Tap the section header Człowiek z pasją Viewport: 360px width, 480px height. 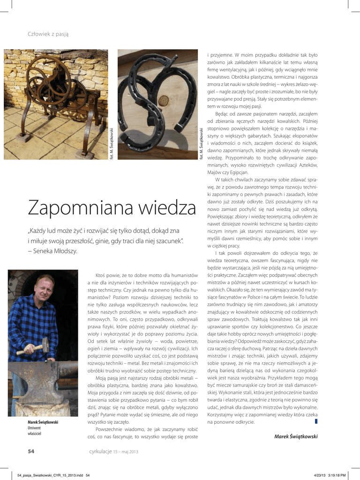coord(49,36)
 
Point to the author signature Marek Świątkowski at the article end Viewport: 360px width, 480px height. coord(296,436)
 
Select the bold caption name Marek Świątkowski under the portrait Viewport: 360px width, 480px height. coord(43,422)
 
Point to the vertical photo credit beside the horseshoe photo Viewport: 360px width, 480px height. coord(202,143)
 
